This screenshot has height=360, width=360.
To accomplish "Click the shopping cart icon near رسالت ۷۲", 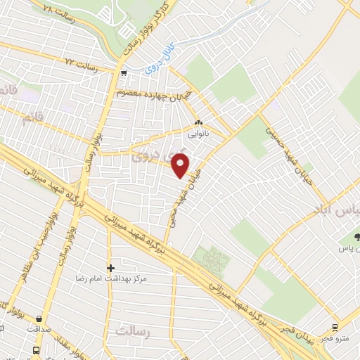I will pos(124,73).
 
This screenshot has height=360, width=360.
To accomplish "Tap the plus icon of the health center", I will pos(110,268).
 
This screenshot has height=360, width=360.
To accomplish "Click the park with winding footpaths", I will pos(212,261).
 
